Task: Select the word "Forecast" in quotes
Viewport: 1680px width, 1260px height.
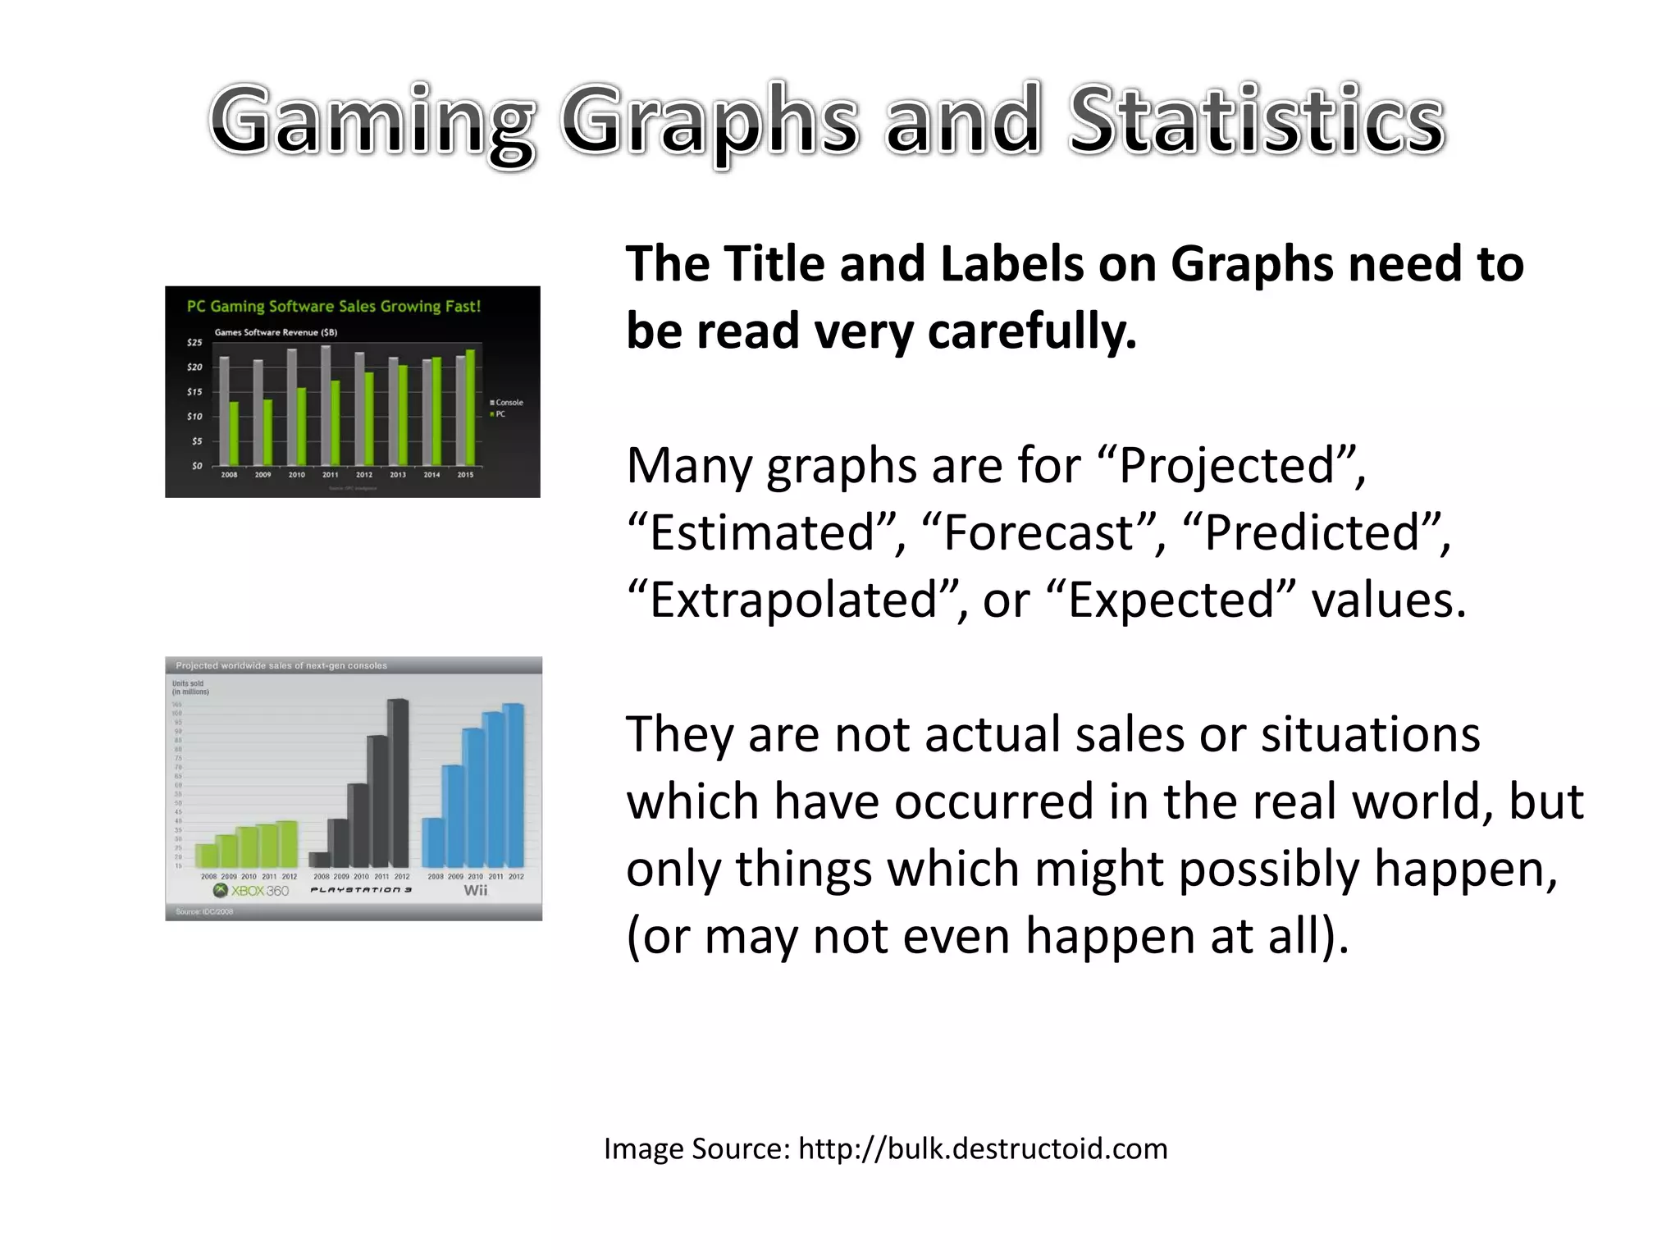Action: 1039,533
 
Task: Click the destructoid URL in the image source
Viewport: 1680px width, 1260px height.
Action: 982,1148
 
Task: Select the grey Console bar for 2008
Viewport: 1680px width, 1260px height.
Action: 224,410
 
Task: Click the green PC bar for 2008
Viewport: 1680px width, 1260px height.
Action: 235,433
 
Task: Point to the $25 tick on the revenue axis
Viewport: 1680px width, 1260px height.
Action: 194,342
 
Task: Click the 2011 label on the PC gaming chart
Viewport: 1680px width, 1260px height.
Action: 330,475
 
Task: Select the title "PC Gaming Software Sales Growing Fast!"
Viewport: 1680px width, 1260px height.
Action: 333,307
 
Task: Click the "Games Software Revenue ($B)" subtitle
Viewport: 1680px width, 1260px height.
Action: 276,332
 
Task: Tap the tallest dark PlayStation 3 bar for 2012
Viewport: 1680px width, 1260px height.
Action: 399,783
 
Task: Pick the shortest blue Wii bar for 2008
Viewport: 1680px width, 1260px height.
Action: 432,842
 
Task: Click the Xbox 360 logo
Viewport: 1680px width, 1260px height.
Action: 251,891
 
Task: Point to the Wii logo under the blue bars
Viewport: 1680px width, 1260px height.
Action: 476,891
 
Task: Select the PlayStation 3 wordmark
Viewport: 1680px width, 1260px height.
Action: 361,890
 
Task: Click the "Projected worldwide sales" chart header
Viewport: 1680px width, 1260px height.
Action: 281,665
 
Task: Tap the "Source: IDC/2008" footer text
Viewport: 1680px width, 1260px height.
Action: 204,912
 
